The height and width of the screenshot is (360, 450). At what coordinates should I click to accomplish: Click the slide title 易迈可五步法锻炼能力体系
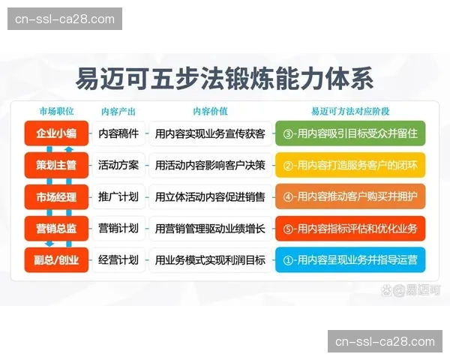click(224, 77)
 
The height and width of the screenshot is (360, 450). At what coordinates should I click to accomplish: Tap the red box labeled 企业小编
click(56, 133)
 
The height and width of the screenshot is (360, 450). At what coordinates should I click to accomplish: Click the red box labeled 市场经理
click(56, 196)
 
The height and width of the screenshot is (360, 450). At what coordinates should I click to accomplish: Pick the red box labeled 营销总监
click(56, 228)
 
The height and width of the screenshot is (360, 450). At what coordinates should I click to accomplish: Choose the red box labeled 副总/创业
click(56, 260)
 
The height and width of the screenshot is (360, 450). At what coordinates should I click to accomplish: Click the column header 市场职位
click(56, 111)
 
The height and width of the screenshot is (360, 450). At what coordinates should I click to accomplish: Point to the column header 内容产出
click(118, 111)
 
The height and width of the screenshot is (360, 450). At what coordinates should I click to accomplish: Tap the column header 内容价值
click(209, 111)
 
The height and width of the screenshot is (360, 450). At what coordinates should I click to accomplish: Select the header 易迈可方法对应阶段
click(350, 111)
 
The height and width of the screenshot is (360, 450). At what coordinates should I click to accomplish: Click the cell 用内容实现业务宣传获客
click(209, 133)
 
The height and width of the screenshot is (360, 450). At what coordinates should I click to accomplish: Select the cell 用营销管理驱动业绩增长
click(209, 228)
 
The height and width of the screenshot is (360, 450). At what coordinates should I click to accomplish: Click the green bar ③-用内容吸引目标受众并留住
click(350, 133)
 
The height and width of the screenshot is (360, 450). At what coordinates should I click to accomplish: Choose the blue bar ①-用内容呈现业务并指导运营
click(350, 260)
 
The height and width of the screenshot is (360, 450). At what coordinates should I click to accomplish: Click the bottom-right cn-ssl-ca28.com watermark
click(385, 341)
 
